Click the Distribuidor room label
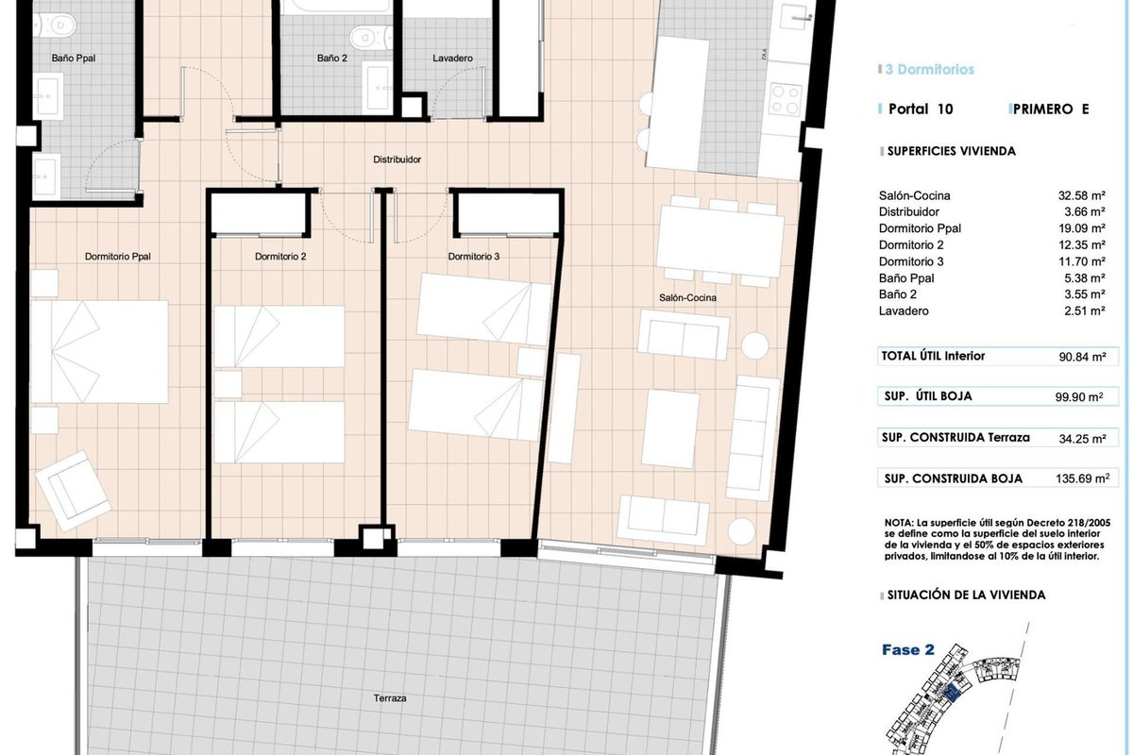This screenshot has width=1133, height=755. click(x=397, y=159)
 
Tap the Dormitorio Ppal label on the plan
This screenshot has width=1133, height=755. click(x=117, y=257)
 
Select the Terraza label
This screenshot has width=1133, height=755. click(x=389, y=698)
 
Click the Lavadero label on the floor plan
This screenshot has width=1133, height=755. click(x=452, y=59)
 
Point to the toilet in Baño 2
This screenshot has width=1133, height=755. click(x=371, y=38)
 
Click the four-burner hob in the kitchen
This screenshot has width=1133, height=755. click(x=785, y=100)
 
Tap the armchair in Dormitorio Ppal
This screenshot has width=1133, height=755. click(x=73, y=491)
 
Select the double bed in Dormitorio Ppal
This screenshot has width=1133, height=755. click(x=100, y=352)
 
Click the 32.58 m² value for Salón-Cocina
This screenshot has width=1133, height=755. click(x=1081, y=195)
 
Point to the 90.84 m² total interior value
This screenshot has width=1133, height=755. click(x=1082, y=357)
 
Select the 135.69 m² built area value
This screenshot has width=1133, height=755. click(x=1082, y=478)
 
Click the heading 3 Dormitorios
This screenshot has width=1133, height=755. click(x=929, y=69)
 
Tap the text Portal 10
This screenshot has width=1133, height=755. click(x=921, y=109)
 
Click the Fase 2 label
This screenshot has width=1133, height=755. click(x=908, y=650)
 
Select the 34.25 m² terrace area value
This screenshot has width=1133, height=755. click(x=1082, y=439)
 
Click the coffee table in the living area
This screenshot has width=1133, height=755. click(x=669, y=428)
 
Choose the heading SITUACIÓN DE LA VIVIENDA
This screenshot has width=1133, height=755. click(x=966, y=596)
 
